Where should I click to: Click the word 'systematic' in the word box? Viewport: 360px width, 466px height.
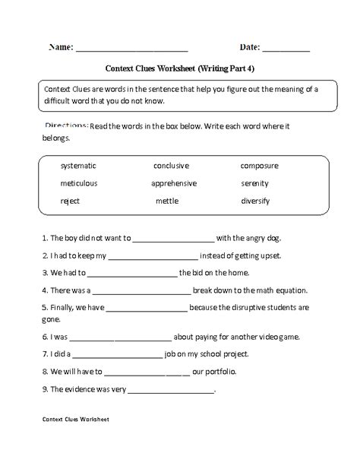78,165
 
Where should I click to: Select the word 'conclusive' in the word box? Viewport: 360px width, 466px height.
171,165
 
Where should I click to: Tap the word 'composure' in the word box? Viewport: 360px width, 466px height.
259,165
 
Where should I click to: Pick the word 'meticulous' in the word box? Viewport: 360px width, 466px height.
78,183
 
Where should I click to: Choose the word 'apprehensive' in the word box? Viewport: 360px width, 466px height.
174,183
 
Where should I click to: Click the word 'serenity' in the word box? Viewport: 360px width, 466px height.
256,183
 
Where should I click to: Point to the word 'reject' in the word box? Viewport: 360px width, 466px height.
70,201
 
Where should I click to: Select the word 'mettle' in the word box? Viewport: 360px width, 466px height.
167,201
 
